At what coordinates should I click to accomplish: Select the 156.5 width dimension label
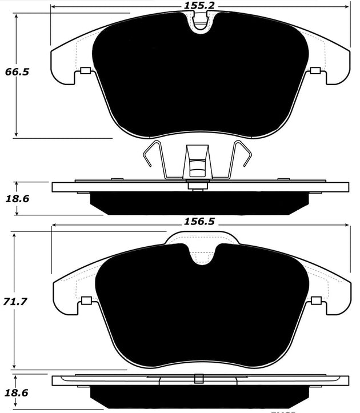(198, 219)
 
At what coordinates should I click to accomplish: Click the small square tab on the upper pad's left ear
(86, 71)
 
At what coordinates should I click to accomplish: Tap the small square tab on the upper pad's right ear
(314, 71)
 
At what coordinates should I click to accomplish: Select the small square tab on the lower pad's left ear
(87, 301)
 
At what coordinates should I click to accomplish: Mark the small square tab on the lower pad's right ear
(314, 301)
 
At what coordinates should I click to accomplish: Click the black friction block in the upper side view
(200, 202)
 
